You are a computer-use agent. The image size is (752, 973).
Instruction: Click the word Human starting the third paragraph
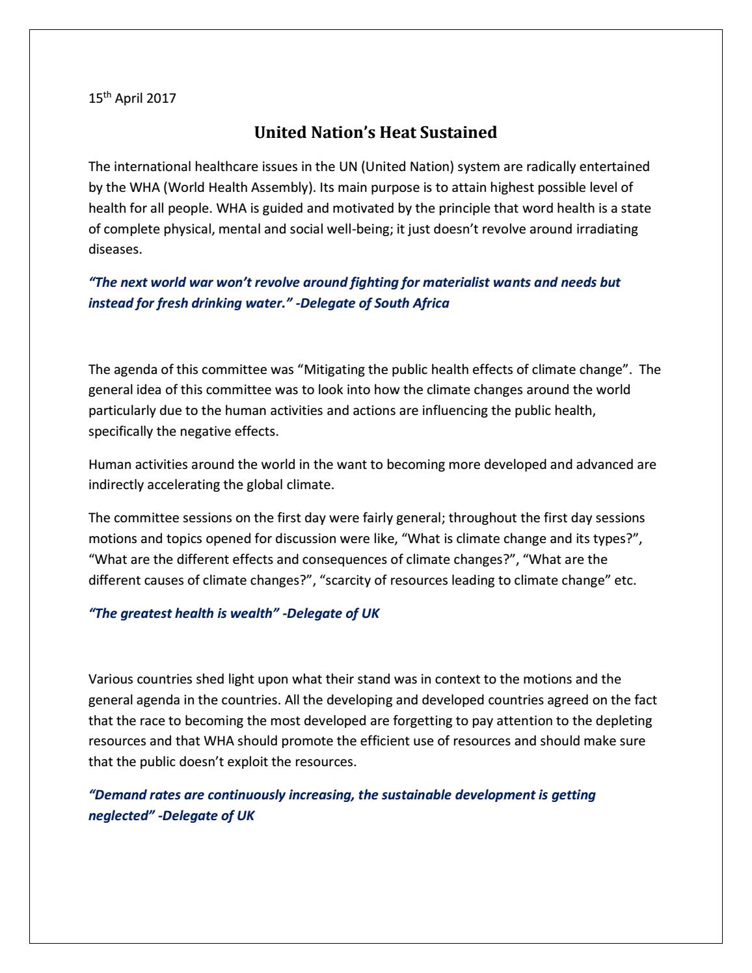tap(106, 464)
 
